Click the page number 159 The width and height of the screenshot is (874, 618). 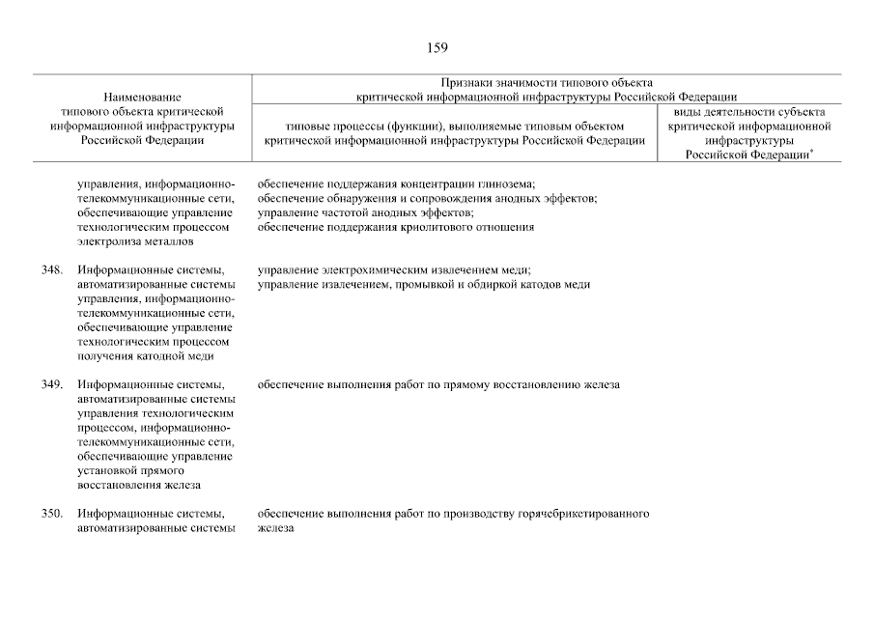tap(436, 47)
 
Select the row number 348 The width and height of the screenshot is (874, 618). tap(52, 270)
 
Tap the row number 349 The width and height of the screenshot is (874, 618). tap(52, 384)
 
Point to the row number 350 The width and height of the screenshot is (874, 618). tap(52, 514)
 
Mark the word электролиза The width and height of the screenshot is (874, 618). tap(107, 241)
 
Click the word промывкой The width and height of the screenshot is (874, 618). tap(414, 285)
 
